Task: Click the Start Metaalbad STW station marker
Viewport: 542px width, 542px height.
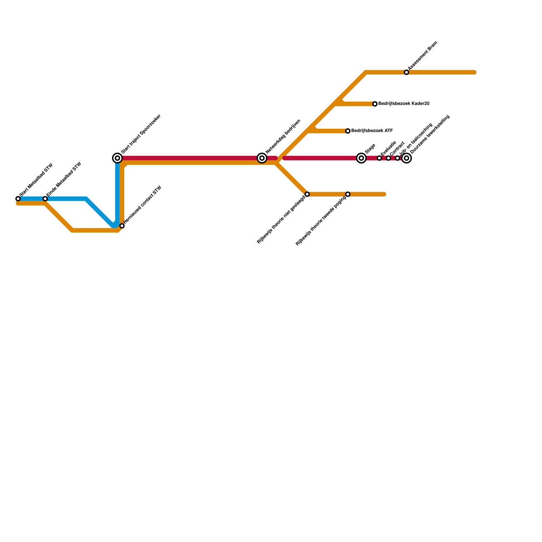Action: (18, 199)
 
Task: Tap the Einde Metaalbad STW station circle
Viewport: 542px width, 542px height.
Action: (45, 199)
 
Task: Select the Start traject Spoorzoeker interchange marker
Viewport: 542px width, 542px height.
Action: (118, 158)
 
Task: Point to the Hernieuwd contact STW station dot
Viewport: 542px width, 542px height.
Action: (122, 226)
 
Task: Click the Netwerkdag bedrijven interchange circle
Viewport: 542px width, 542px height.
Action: (262, 158)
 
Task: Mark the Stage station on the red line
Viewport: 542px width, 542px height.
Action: (361, 158)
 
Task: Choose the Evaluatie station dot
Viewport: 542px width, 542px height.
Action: (379, 158)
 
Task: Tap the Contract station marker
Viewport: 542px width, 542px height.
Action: (389, 158)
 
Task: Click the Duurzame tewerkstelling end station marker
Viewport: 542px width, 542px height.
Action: (406, 158)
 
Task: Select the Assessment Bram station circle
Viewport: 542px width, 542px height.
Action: (406, 72)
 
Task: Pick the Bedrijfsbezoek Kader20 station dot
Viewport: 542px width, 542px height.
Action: (375, 104)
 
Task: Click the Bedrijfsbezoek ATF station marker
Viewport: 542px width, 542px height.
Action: (348, 131)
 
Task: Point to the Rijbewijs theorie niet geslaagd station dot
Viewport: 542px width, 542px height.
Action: (307, 194)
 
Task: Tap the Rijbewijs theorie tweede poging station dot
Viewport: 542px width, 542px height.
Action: (348, 194)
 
